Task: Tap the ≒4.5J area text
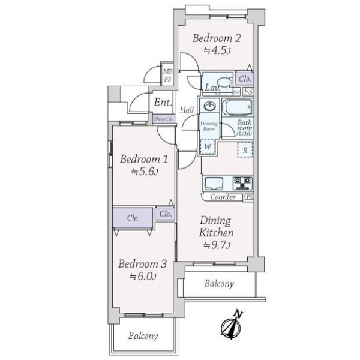point(216,51)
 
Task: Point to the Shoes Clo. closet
point(163,119)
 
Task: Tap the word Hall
point(187,110)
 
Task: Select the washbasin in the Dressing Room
point(209,106)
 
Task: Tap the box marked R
point(245,151)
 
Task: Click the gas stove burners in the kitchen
point(243,182)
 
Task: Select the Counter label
point(223,197)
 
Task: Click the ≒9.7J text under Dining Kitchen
point(216,245)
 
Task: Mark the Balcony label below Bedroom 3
point(143,336)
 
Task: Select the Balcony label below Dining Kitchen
point(219,283)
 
